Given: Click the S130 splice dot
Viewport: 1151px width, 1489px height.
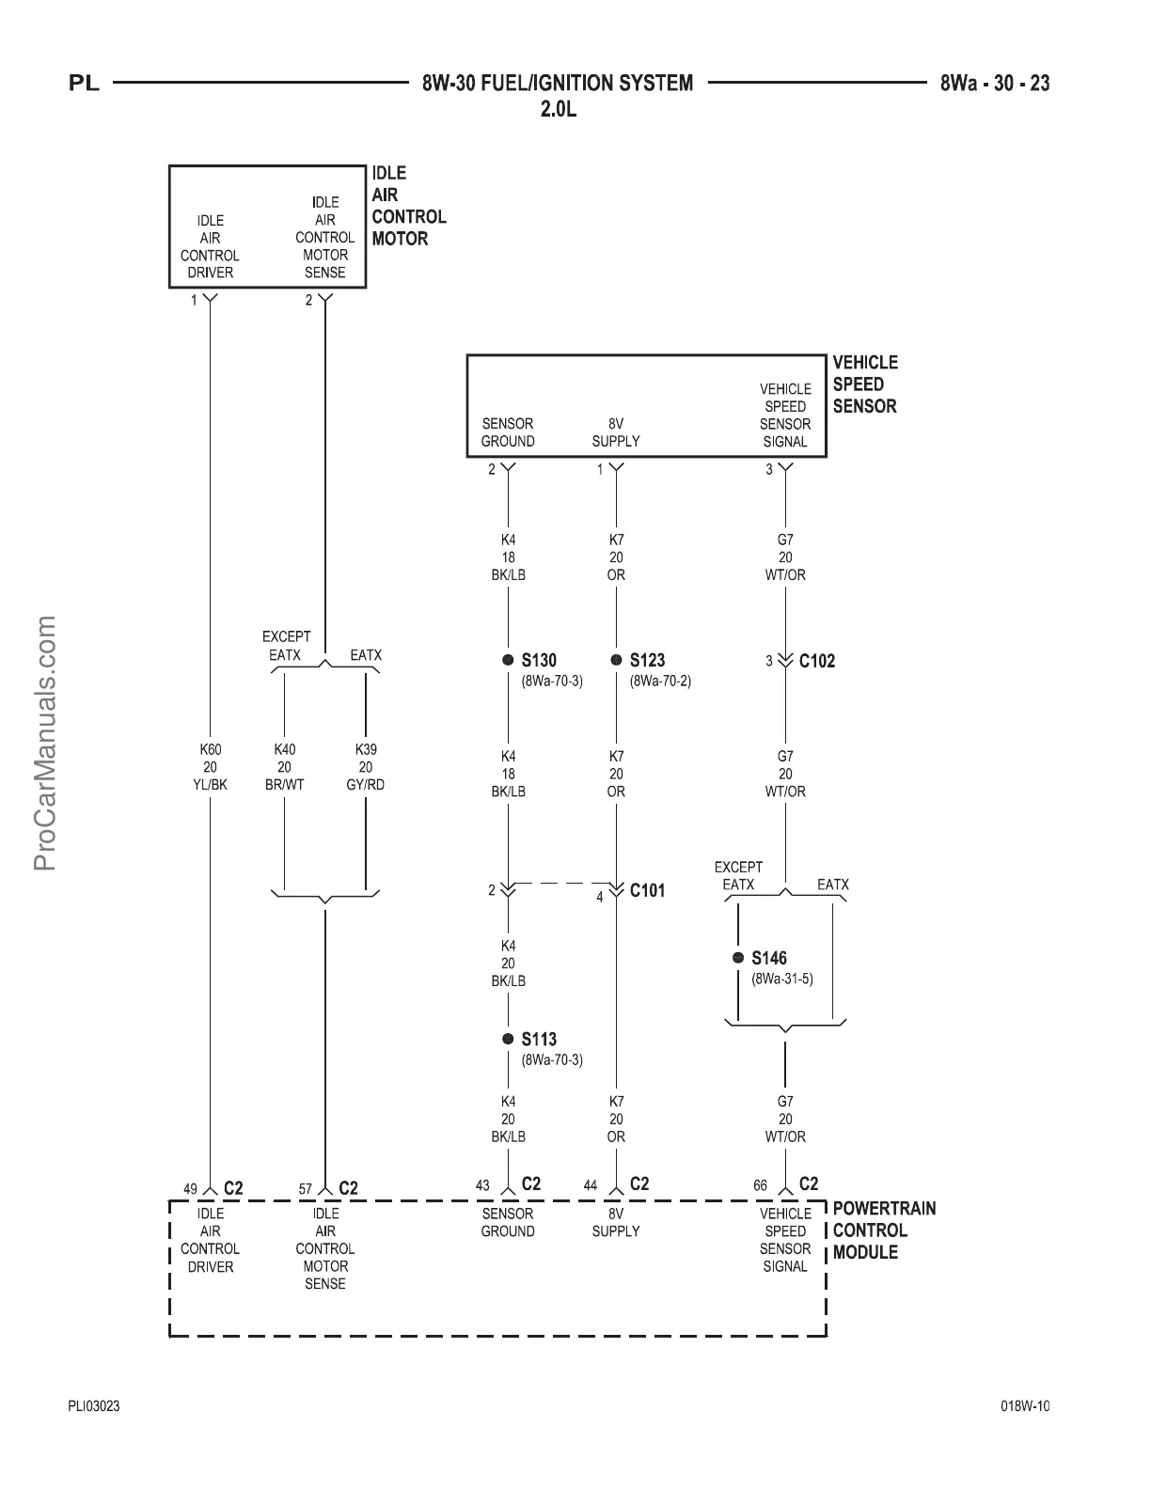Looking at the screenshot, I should coord(508,660).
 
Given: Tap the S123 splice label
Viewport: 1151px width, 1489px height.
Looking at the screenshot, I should coord(647,660).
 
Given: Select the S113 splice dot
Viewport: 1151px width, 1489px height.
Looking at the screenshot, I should coord(508,1039).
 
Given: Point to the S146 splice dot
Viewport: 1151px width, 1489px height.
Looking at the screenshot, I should coord(738,958).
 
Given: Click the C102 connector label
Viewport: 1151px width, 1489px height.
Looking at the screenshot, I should coord(816,661).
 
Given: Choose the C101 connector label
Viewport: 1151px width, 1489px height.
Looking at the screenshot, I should coord(647,890).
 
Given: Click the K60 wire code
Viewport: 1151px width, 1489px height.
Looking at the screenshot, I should coord(210,750).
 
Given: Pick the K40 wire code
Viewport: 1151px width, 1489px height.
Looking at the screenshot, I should coord(284,750).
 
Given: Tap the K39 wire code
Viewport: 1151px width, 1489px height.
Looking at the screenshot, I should coord(365,750).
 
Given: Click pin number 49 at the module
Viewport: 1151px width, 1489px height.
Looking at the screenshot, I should coord(190,1189).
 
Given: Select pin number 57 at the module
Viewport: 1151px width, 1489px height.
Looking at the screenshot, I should coord(306,1189).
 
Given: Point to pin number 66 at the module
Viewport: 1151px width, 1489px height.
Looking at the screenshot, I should coord(760,1185).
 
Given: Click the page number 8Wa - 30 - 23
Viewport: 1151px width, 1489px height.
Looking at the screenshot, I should coord(995,83).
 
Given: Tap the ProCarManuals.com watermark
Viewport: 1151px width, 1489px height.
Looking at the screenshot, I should coord(45,743).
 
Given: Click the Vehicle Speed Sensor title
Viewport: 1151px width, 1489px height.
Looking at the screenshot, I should coord(864,384).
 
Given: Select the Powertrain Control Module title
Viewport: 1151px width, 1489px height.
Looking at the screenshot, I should coord(883,1230).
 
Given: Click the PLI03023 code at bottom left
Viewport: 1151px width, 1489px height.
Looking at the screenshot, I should coord(94,1406).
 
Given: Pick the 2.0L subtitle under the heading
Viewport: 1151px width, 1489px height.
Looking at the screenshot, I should coord(558,109).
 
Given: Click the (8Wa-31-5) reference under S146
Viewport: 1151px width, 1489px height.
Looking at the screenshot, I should coord(781,979).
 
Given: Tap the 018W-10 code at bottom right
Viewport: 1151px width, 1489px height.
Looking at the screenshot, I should coord(1025,1406).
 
